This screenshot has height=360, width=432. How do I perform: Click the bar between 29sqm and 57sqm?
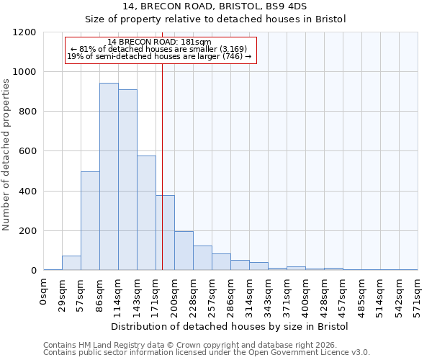click(x=71, y=263)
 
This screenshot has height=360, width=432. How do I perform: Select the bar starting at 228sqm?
click(x=202, y=258)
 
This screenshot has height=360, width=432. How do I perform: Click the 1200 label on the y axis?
click(x=26, y=32)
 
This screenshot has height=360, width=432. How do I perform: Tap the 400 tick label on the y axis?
click(x=29, y=192)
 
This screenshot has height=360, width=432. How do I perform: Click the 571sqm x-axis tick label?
click(x=418, y=294)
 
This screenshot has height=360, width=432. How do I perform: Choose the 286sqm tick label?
click(x=230, y=294)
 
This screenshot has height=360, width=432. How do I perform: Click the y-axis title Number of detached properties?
click(x=6, y=151)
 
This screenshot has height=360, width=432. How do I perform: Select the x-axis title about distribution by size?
click(x=230, y=327)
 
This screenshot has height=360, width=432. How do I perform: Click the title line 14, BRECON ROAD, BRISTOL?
click(x=215, y=6)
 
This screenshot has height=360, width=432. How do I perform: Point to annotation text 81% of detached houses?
click(x=159, y=49)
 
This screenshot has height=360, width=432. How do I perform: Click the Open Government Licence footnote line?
click(x=207, y=353)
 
